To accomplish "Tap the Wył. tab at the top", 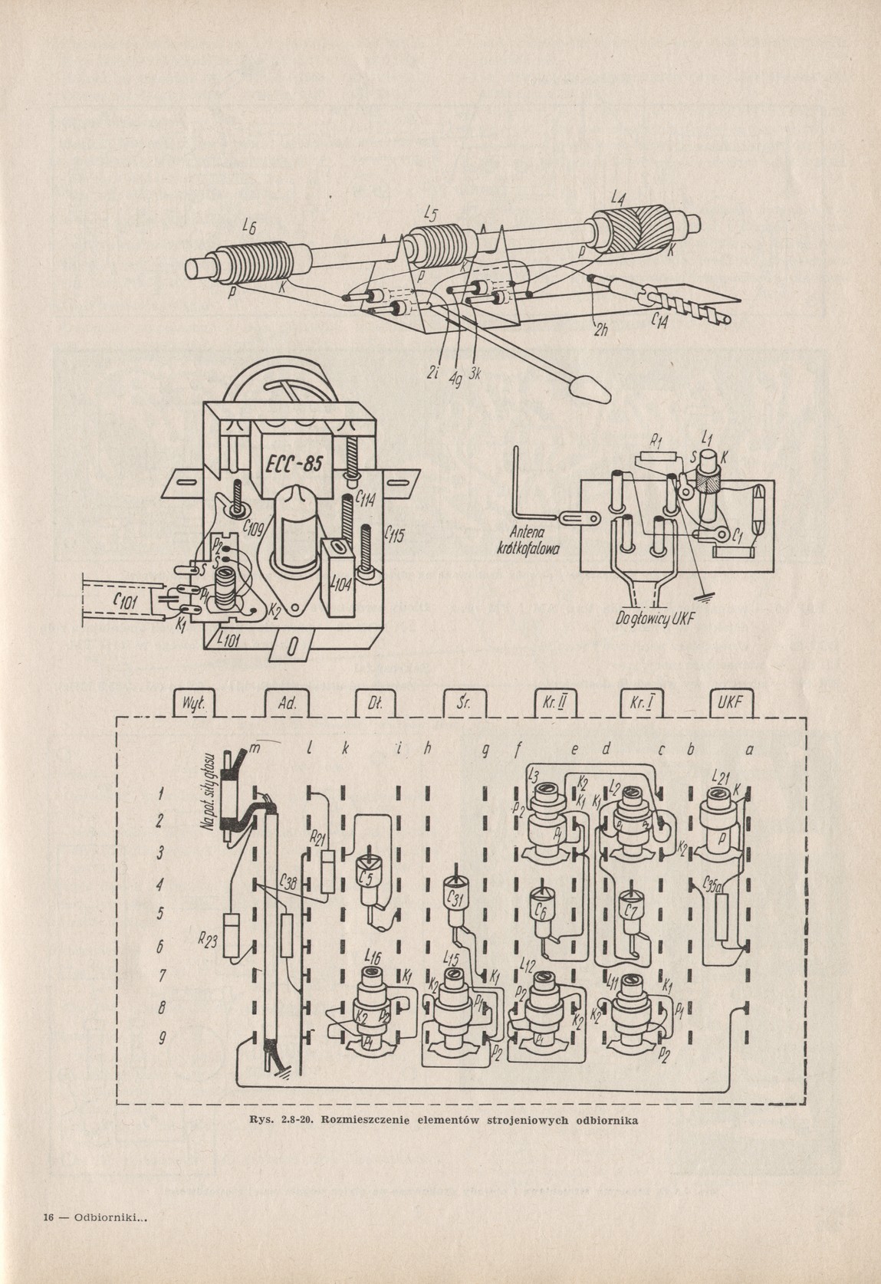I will tap(187, 704).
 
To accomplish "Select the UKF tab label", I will tap(729, 704).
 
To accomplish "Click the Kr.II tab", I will tap(547, 704).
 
